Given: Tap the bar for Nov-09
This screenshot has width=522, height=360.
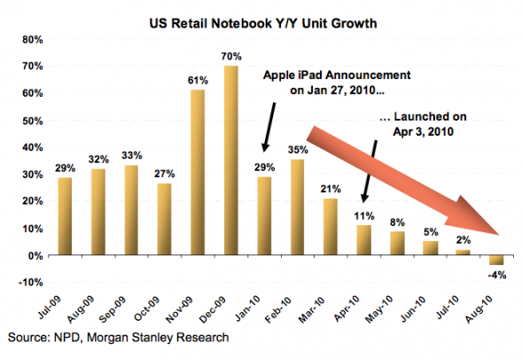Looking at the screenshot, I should coord(198,172).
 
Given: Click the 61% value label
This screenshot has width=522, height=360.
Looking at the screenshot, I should coord(198,81).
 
